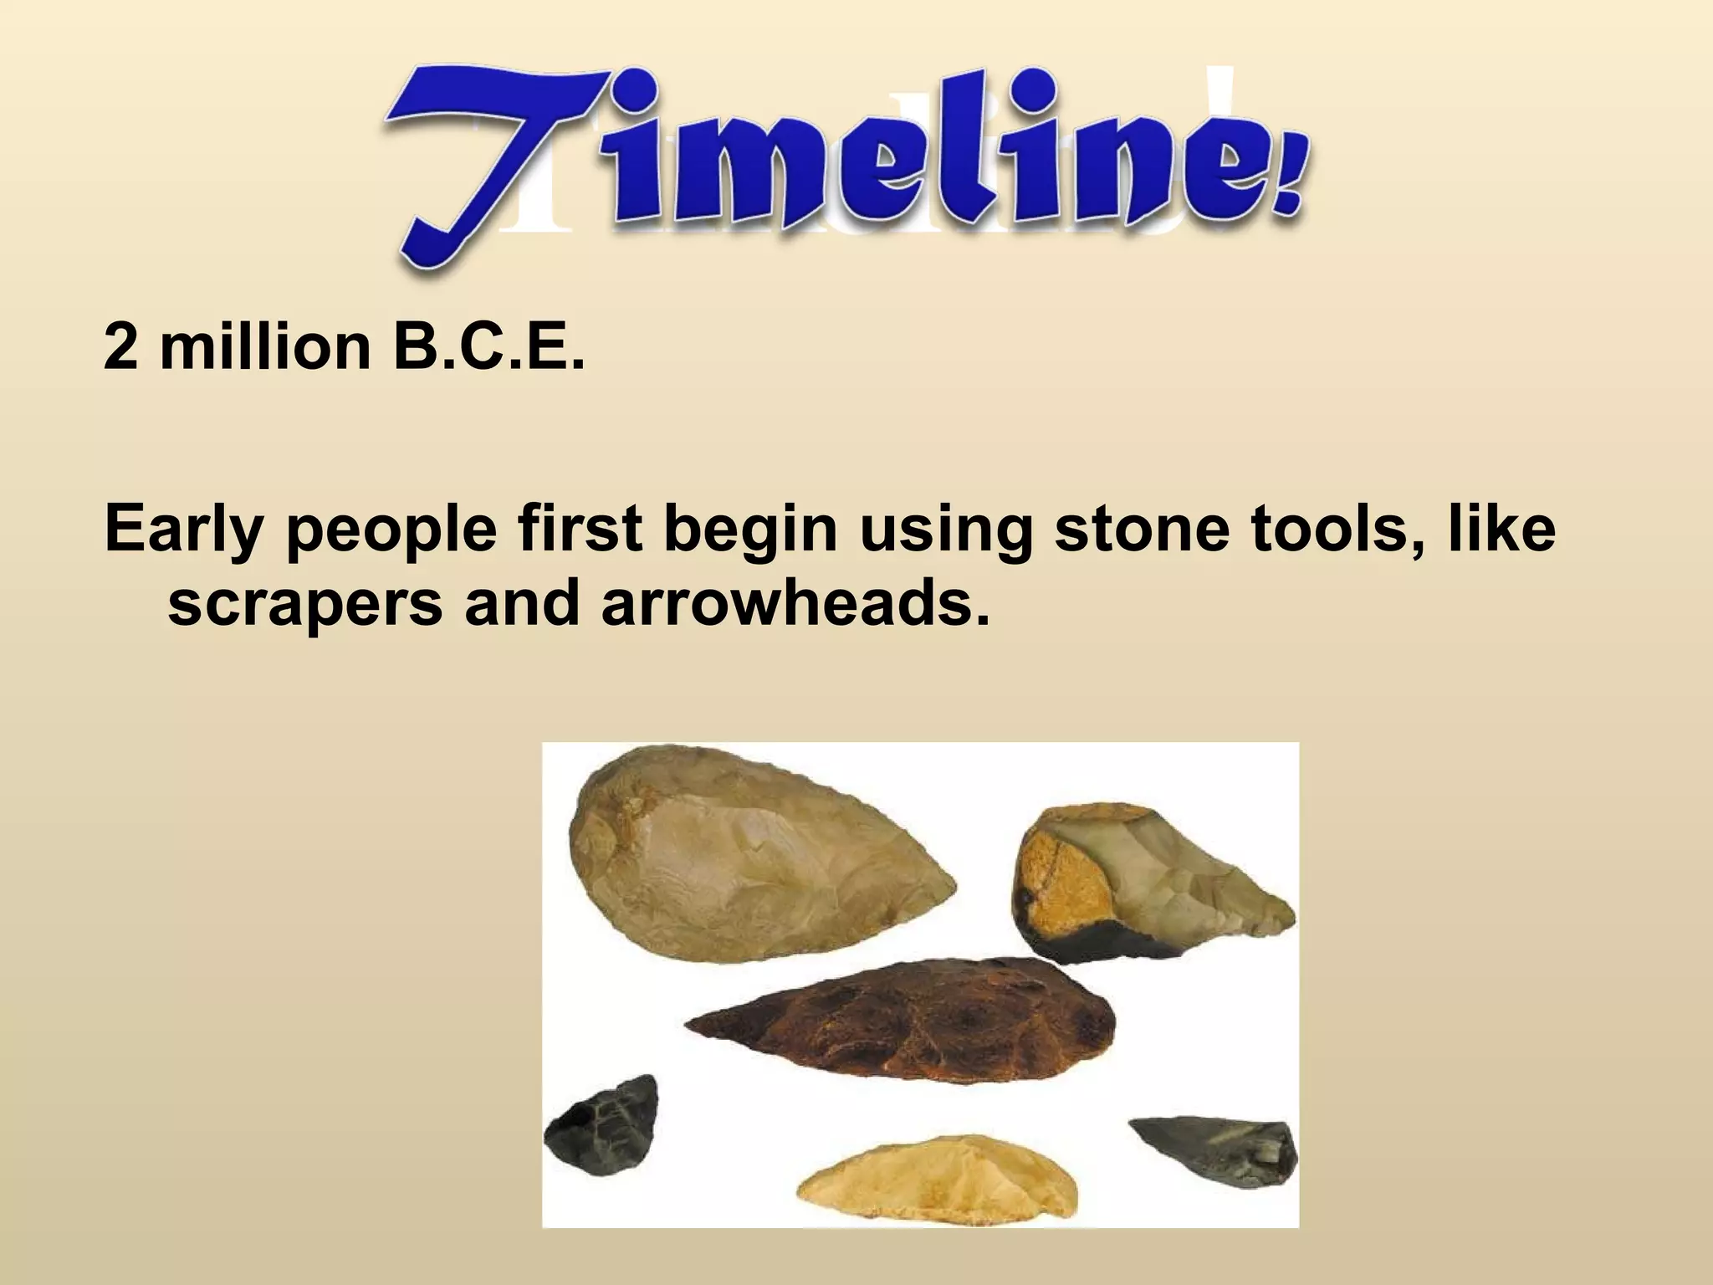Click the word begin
(x=752, y=531)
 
